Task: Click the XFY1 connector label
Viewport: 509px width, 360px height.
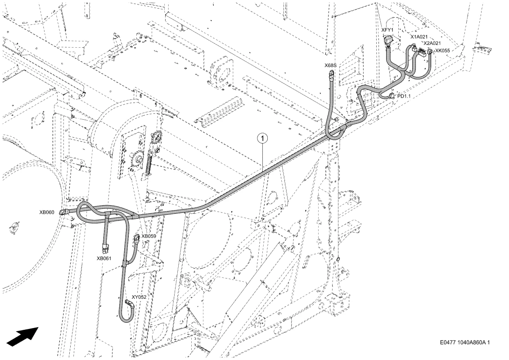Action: pyautogui.click(x=387, y=30)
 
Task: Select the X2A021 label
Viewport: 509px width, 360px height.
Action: pyautogui.click(x=432, y=43)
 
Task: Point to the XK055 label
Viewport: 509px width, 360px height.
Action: pyautogui.click(x=442, y=51)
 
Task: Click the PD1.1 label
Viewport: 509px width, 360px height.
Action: pyautogui.click(x=404, y=96)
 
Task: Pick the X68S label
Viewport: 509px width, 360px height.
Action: pyautogui.click(x=330, y=65)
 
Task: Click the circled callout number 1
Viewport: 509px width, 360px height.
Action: pyautogui.click(x=262, y=139)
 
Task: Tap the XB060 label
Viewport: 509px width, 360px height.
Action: pyautogui.click(x=47, y=212)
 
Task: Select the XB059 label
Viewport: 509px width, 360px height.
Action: pyautogui.click(x=149, y=236)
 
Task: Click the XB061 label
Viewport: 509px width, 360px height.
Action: pyautogui.click(x=104, y=259)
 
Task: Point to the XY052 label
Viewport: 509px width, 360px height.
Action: pyautogui.click(x=139, y=297)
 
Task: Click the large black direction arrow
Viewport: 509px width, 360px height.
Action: pyautogui.click(x=23, y=336)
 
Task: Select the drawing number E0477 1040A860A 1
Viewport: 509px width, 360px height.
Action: pyautogui.click(x=465, y=342)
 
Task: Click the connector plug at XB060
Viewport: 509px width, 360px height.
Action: pyautogui.click(x=63, y=212)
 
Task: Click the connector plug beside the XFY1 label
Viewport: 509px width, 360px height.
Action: pyautogui.click(x=388, y=41)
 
